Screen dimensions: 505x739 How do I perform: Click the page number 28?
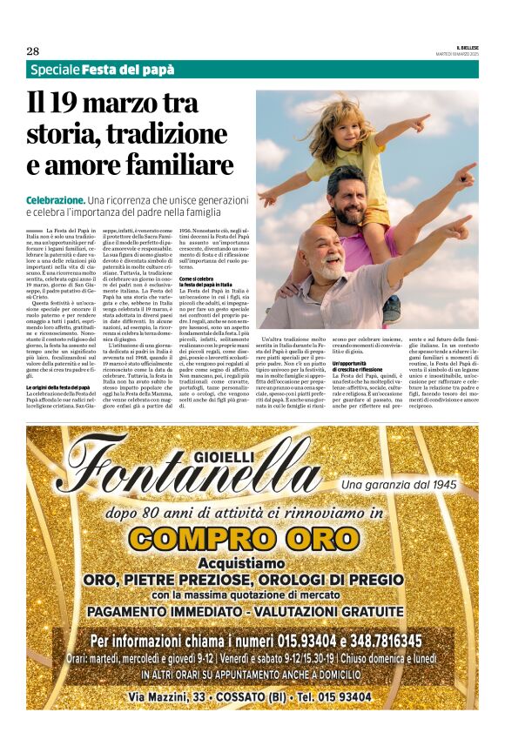pos(32,50)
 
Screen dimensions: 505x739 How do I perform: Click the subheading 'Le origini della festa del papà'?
pos(58,386)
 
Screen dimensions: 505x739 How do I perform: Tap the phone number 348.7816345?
pos(367,641)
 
